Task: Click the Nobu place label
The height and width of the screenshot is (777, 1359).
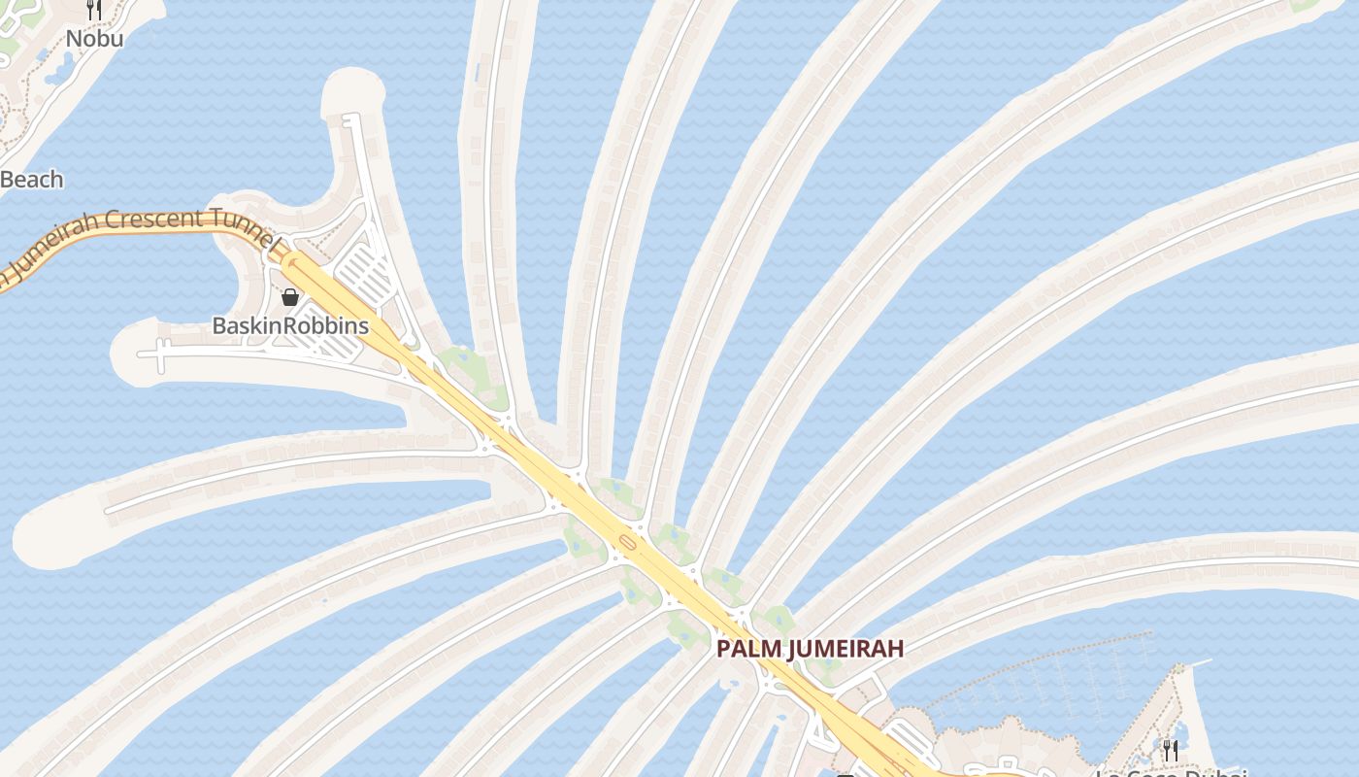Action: tap(94, 39)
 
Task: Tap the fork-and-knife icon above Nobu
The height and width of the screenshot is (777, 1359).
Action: tap(94, 10)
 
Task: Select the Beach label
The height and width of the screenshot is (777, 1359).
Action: tap(32, 180)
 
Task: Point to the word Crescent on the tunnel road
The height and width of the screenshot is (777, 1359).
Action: tap(153, 219)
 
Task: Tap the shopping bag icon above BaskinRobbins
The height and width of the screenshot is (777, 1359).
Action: tap(289, 297)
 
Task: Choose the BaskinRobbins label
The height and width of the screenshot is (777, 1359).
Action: tap(290, 325)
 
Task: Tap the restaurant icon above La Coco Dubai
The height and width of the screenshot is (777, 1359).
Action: tap(1170, 749)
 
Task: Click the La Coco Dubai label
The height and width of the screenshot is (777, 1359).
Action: tap(1170, 773)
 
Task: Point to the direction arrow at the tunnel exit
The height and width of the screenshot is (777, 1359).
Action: tap(288, 260)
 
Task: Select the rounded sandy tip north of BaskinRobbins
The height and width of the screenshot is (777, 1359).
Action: tap(352, 89)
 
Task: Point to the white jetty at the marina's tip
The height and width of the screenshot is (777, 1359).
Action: tap(1198, 664)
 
